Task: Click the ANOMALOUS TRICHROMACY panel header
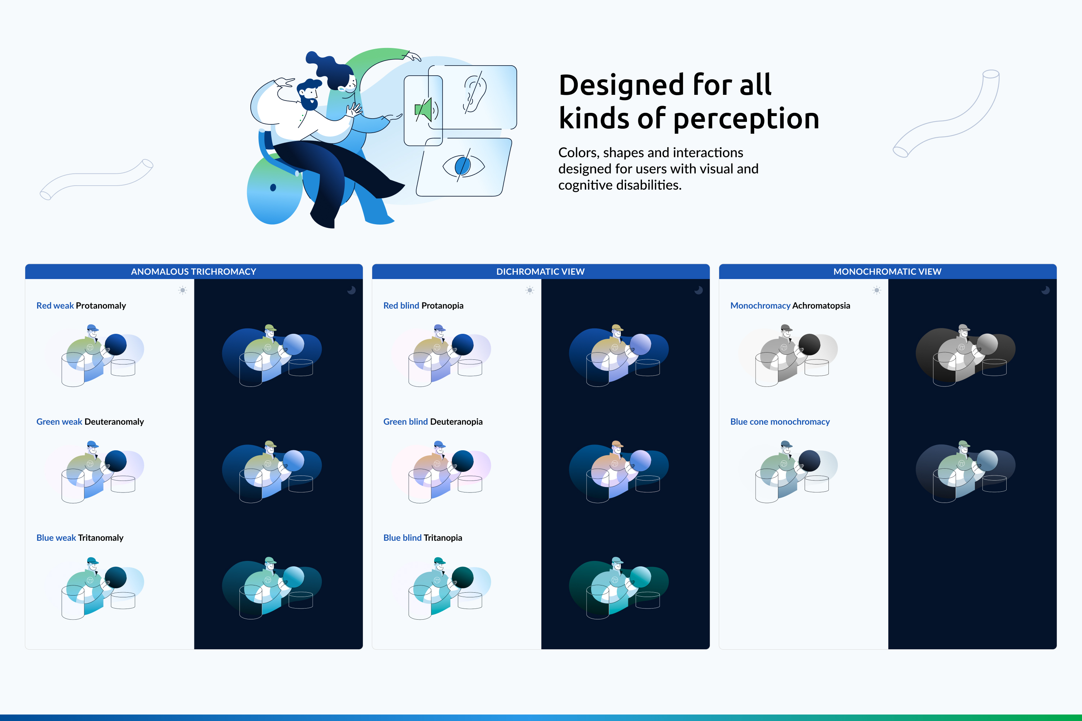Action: pos(194,272)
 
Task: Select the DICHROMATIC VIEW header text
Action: pos(541,272)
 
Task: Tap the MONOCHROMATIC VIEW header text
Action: pos(887,272)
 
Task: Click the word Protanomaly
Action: pos(101,306)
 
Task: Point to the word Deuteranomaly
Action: pos(114,422)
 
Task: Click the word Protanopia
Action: pos(443,306)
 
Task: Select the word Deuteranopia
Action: pos(456,422)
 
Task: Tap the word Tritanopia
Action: pos(443,538)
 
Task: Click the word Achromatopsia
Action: pos(821,306)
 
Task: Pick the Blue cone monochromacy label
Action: pos(780,422)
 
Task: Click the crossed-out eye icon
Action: pos(463,165)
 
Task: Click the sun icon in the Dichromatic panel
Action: pos(530,290)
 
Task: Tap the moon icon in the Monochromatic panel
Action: pos(1045,290)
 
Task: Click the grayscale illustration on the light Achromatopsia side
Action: pos(788,355)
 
